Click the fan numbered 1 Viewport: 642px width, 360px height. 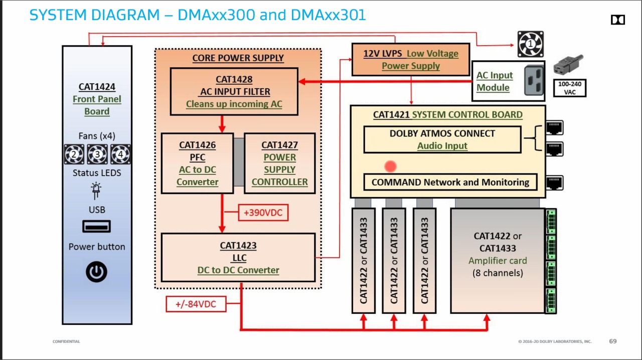[x=530, y=44]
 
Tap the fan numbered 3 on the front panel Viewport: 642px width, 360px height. [x=97, y=154]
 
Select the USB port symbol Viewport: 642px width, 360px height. [x=97, y=227]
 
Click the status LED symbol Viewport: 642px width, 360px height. [x=96, y=191]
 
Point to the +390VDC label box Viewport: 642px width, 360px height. [x=263, y=213]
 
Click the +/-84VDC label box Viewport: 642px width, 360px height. [x=196, y=304]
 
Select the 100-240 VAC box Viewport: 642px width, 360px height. [x=569, y=88]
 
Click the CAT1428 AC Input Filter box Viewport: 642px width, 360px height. [x=234, y=91]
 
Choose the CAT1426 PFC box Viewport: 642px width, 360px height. [x=197, y=163]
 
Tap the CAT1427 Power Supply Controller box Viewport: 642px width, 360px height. [x=279, y=163]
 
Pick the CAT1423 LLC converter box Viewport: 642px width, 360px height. [x=238, y=257]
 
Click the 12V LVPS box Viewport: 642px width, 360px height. [x=411, y=59]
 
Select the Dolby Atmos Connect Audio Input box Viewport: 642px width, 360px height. [x=442, y=139]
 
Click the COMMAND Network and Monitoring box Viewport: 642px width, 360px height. [x=450, y=182]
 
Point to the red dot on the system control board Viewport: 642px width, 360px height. [x=390, y=166]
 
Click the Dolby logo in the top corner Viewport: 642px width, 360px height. [x=617, y=20]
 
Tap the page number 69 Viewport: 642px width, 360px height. [x=613, y=341]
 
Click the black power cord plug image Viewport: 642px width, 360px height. [x=568, y=65]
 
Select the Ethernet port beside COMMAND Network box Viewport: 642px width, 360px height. [x=554, y=183]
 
